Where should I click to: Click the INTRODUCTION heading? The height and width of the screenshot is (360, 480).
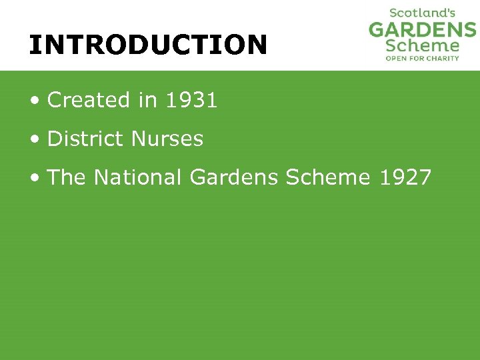pyautogui.click(x=148, y=45)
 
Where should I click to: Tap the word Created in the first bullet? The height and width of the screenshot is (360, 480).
pyautogui.click(x=89, y=100)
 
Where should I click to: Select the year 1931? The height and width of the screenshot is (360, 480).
pyautogui.click(x=191, y=100)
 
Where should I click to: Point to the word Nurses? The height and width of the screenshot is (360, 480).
pyautogui.click(x=167, y=139)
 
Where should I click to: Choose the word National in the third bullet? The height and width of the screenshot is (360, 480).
pyautogui.click(x=138, y=177)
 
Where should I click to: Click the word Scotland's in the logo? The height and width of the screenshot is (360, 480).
pyautogui.click(x=422, y=13)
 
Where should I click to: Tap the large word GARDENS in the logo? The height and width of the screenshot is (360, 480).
pyautogui.click(x=423, y=29)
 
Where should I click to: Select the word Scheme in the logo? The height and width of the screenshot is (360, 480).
pyautogui.click(x=423, y=46)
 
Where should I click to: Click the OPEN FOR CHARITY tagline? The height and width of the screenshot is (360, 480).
pyautogui.click(x=423, y=59)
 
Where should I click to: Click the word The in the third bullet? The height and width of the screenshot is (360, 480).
pyautogui.click(x=67, y=177)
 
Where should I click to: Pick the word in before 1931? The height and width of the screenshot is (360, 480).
pyautogui.click(x=147, y=100)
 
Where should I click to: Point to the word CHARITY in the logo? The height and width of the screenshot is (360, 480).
pyautogui.click(x=442, y=59)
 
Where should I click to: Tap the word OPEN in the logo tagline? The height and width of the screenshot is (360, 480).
pyautogui.click(x=396, y=59)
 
